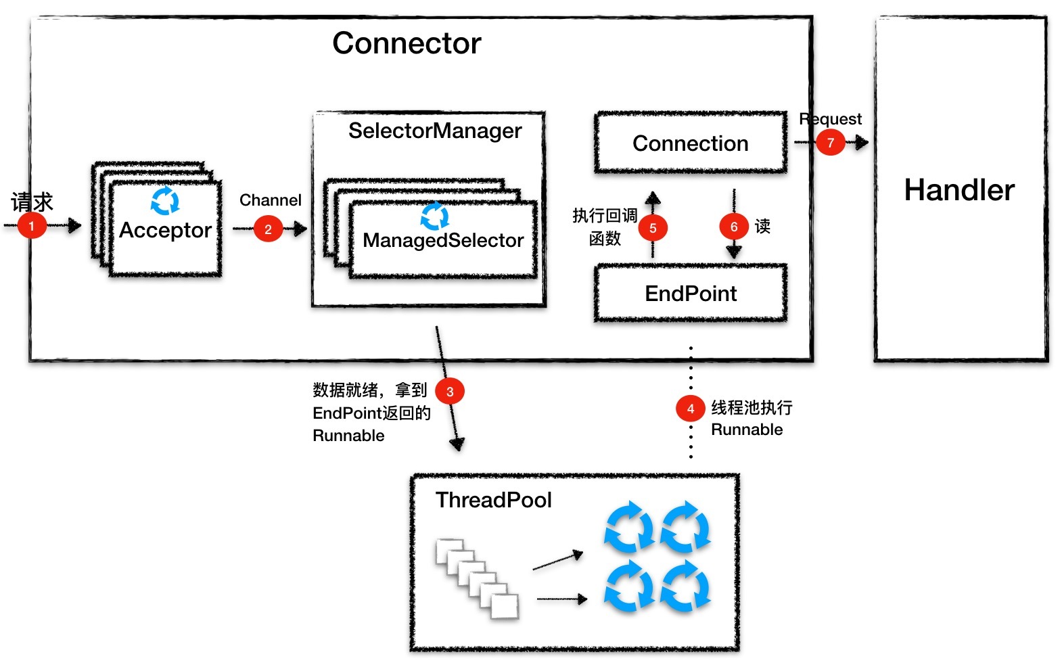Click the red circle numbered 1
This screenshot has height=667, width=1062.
coord(31,226)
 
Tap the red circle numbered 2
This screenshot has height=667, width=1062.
coord(268,229)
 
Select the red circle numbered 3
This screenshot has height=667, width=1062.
coord(450,391)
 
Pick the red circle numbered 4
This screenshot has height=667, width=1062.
coord(690,409)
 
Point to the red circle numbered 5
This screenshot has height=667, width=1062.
coord(653,228)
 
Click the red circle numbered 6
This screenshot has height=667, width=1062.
coord(734,227)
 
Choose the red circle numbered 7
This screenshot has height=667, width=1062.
coord(830,143)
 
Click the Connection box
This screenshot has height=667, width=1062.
coord(691,143)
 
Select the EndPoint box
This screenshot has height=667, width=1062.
coord(691,294)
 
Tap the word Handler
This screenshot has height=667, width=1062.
coord(959,190)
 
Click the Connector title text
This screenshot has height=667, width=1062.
coord(407,43)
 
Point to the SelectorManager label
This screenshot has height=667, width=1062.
coord(435,131)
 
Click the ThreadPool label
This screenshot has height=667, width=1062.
coord(494,500)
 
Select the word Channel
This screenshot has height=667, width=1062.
coord(271,200)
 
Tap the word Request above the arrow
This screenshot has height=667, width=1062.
coord(830,119)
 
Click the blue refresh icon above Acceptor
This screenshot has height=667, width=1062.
coord(165,201)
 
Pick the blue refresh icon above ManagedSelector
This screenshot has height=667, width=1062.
coord(435,216)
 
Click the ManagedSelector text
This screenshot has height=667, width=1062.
coord(443,240)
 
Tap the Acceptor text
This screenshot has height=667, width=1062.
coord(166,231)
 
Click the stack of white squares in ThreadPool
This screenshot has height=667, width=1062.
coord(478,578)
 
